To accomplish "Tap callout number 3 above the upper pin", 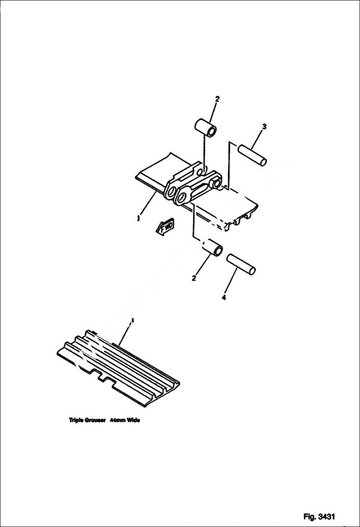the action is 264,127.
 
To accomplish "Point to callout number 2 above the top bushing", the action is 217,99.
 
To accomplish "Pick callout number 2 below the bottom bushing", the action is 194,278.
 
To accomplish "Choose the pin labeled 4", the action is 242,264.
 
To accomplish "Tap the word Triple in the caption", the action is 76,420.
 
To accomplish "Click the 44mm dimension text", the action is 117,420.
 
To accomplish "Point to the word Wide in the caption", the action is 133,420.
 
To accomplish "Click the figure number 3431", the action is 326,516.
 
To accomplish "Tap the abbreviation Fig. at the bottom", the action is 309,516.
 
